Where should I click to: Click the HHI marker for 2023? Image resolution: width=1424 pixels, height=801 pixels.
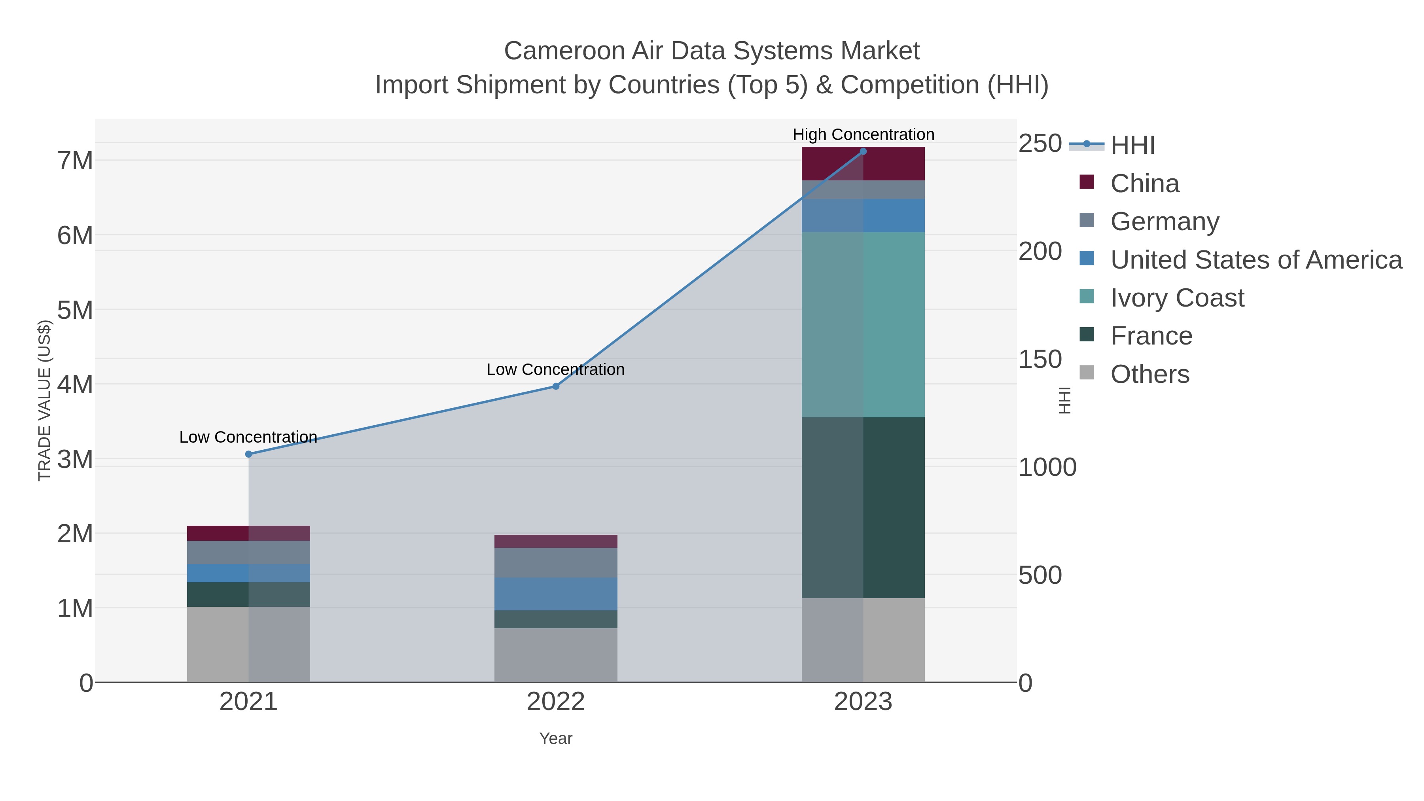pos(863,151)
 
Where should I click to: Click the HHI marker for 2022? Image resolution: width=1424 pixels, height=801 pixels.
pos(556,386)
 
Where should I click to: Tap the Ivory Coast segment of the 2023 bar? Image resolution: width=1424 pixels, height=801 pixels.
pos(863,324)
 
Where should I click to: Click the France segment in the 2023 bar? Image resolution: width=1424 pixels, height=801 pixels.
pos(863,507)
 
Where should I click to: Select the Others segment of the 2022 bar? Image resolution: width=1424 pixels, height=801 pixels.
pos(556,655)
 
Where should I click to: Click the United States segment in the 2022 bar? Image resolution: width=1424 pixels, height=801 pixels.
pos(556,594)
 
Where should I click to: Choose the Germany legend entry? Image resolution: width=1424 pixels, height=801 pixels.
pos(1164,221)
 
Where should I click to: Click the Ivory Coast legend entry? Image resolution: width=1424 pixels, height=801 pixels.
pos(1176,297)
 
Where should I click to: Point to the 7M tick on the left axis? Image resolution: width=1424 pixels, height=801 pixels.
pos(75,161)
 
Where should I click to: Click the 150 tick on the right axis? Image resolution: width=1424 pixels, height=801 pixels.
pos(1040,359)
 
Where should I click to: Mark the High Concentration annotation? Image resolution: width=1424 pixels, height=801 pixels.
pos(863,134)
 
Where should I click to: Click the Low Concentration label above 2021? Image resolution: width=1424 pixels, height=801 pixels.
pos(248,437)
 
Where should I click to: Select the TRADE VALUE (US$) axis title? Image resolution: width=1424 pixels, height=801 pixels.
pos(44,400)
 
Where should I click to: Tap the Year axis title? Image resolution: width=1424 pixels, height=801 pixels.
pos(556,739)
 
